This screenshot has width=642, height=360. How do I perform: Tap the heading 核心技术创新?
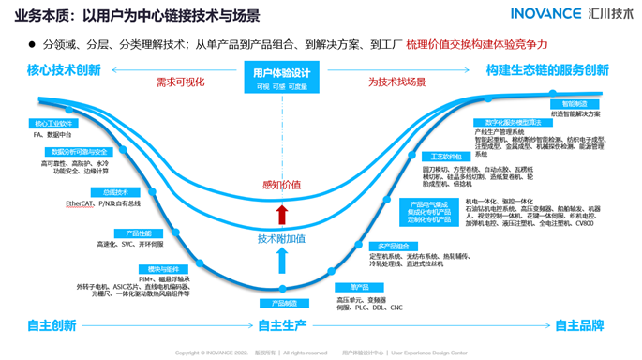click(x=64, y=70)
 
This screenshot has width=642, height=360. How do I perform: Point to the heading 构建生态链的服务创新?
click(x=547, y=70)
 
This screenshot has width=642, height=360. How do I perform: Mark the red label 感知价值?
click(x=282, y=185)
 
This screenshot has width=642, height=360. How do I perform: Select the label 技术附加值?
click(x=282, y=238)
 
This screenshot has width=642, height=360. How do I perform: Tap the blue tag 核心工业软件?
click(x=54, y=123)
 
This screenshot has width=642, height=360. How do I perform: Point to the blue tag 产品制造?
click(x=284, y=304)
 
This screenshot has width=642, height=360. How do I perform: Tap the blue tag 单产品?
click(x=359, y=287)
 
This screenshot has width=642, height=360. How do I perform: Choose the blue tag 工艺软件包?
click(x=446, y=157)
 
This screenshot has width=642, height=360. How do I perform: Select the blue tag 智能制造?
click(x=575, y=104)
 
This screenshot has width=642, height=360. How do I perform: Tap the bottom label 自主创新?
click(x=52, y=325)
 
